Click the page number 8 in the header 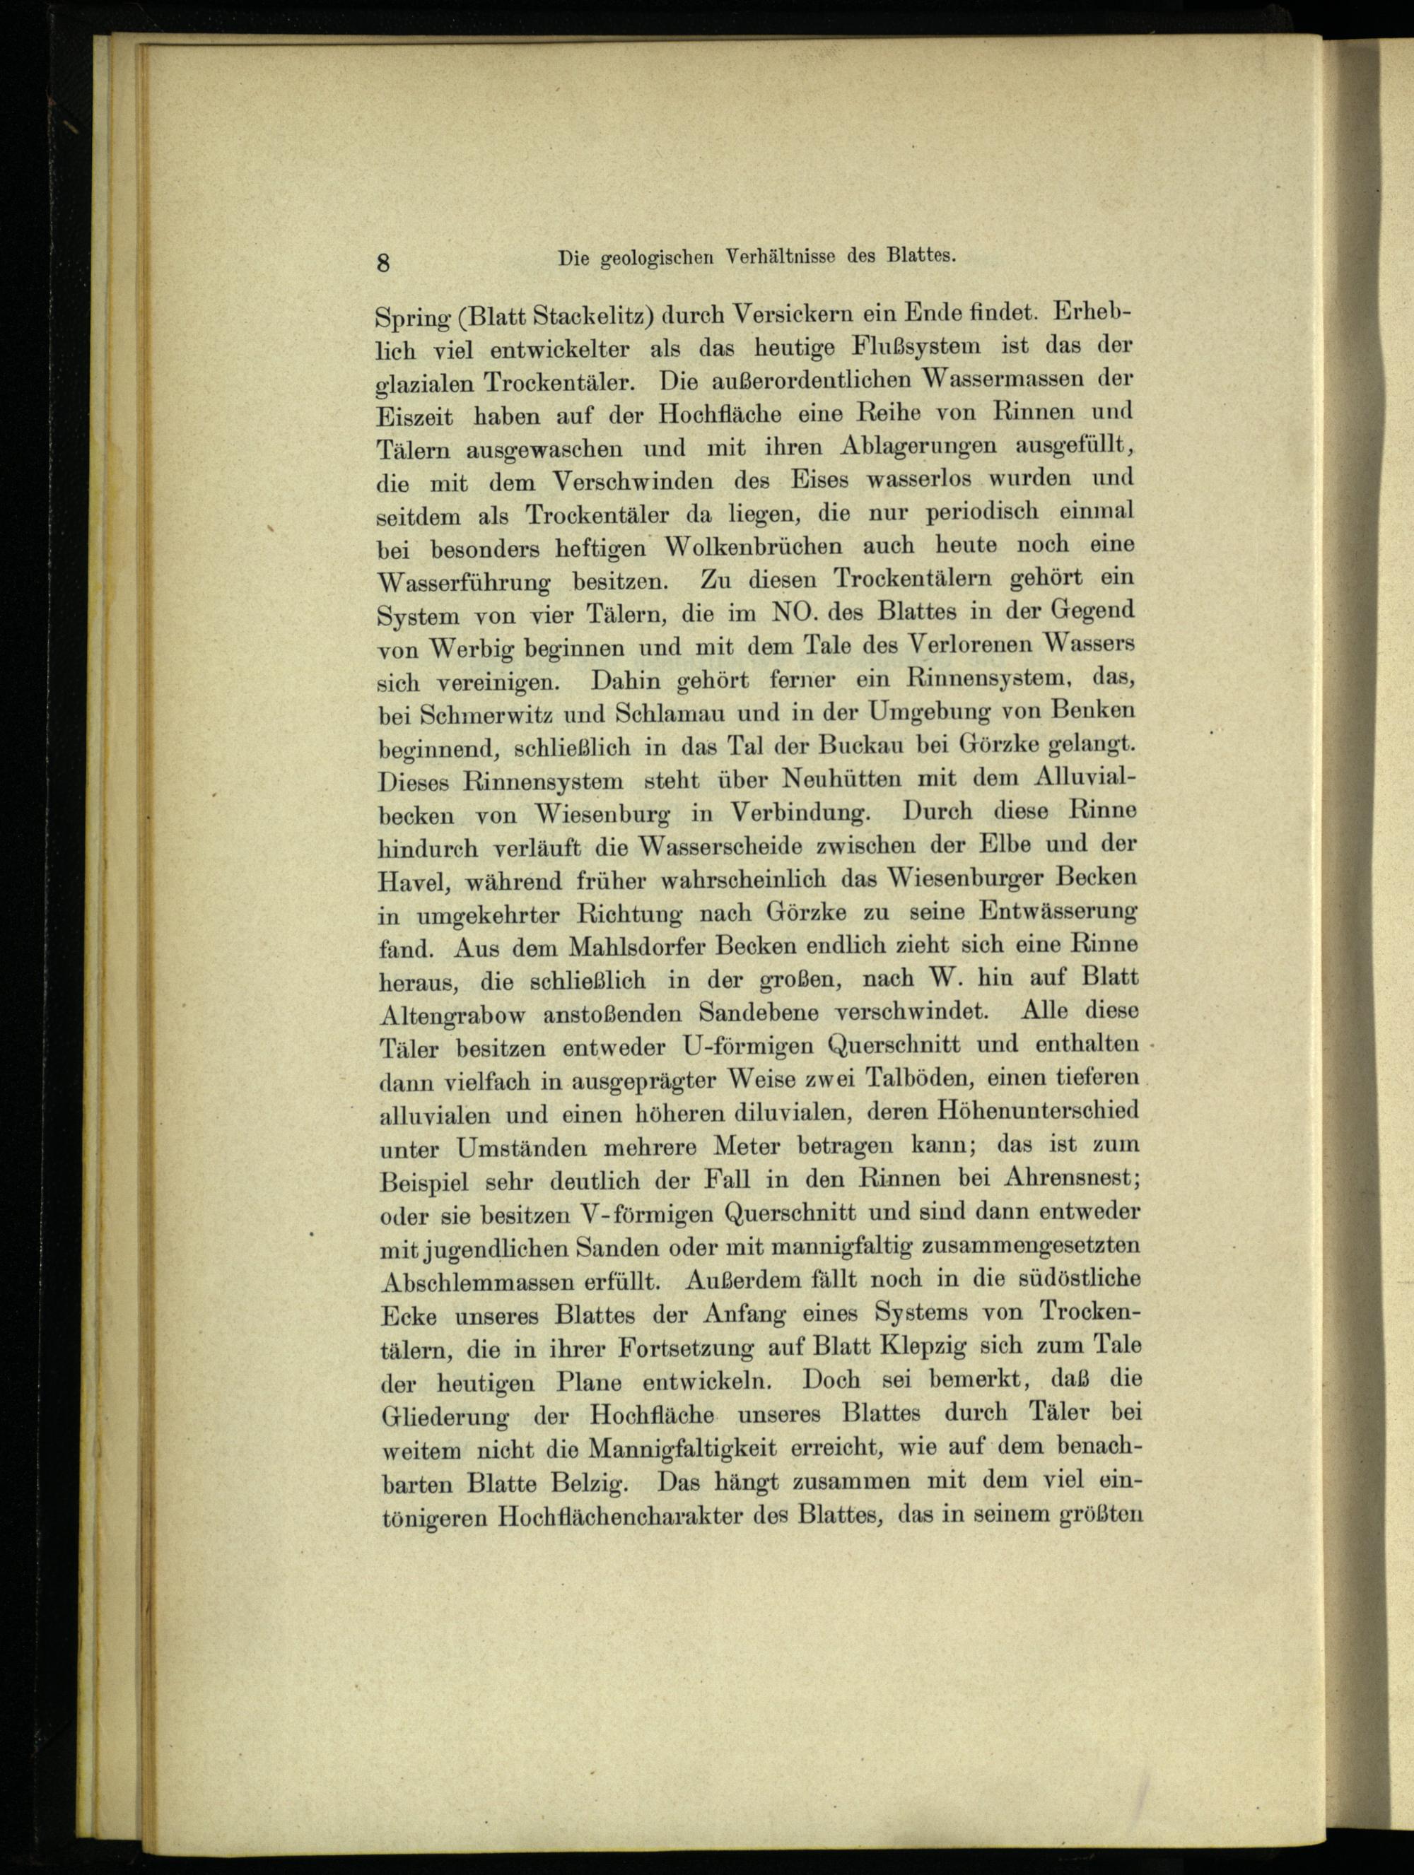click(x=383, y=262)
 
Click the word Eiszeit click(x=416, y=417)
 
